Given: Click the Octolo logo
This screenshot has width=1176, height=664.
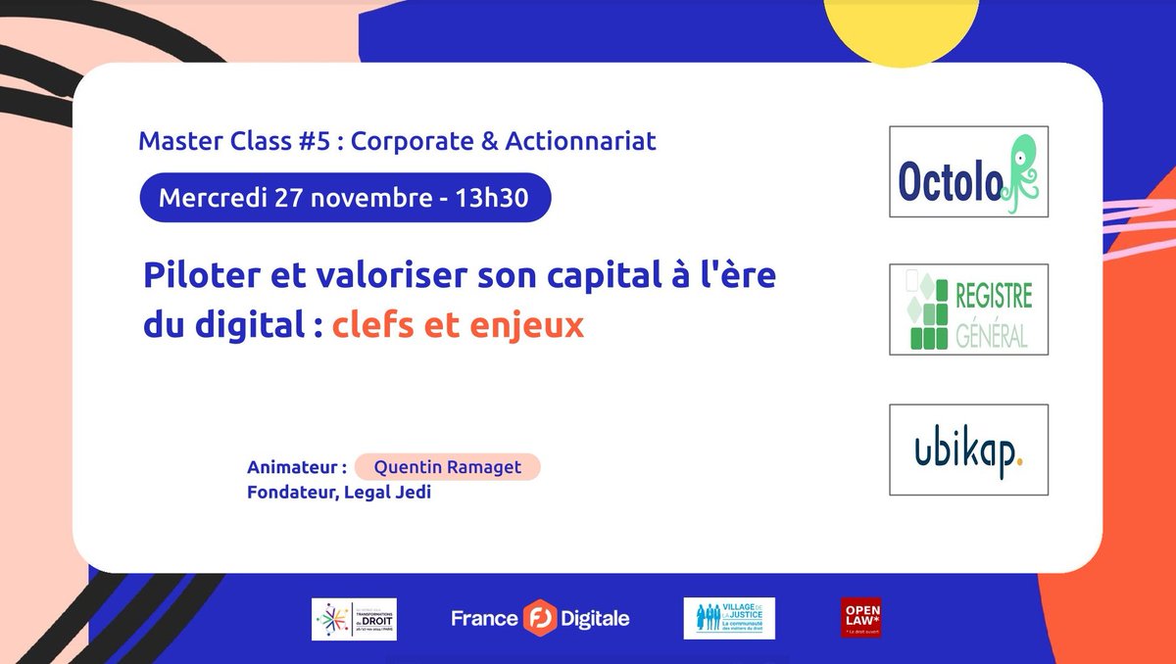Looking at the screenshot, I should (968, 171).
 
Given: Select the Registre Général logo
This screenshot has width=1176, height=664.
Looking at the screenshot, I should (968, 309).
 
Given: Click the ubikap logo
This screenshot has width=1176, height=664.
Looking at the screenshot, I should (968, 450).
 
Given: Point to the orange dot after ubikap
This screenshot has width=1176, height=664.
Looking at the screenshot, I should (1021, 462).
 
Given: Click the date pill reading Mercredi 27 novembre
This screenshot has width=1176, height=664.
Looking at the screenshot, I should (342, 198).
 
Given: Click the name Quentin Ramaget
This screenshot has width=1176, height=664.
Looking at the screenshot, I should (449, 468).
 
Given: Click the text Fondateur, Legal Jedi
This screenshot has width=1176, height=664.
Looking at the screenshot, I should (340, 493).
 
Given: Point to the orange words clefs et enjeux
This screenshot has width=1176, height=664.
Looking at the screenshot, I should (458, 325).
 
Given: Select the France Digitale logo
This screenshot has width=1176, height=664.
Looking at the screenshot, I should (540, 619).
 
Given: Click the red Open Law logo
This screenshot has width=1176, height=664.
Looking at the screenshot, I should (860, 618).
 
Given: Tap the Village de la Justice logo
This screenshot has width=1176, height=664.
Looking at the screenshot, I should (728, 619).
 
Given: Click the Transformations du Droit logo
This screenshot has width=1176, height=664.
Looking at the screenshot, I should (354, 619).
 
